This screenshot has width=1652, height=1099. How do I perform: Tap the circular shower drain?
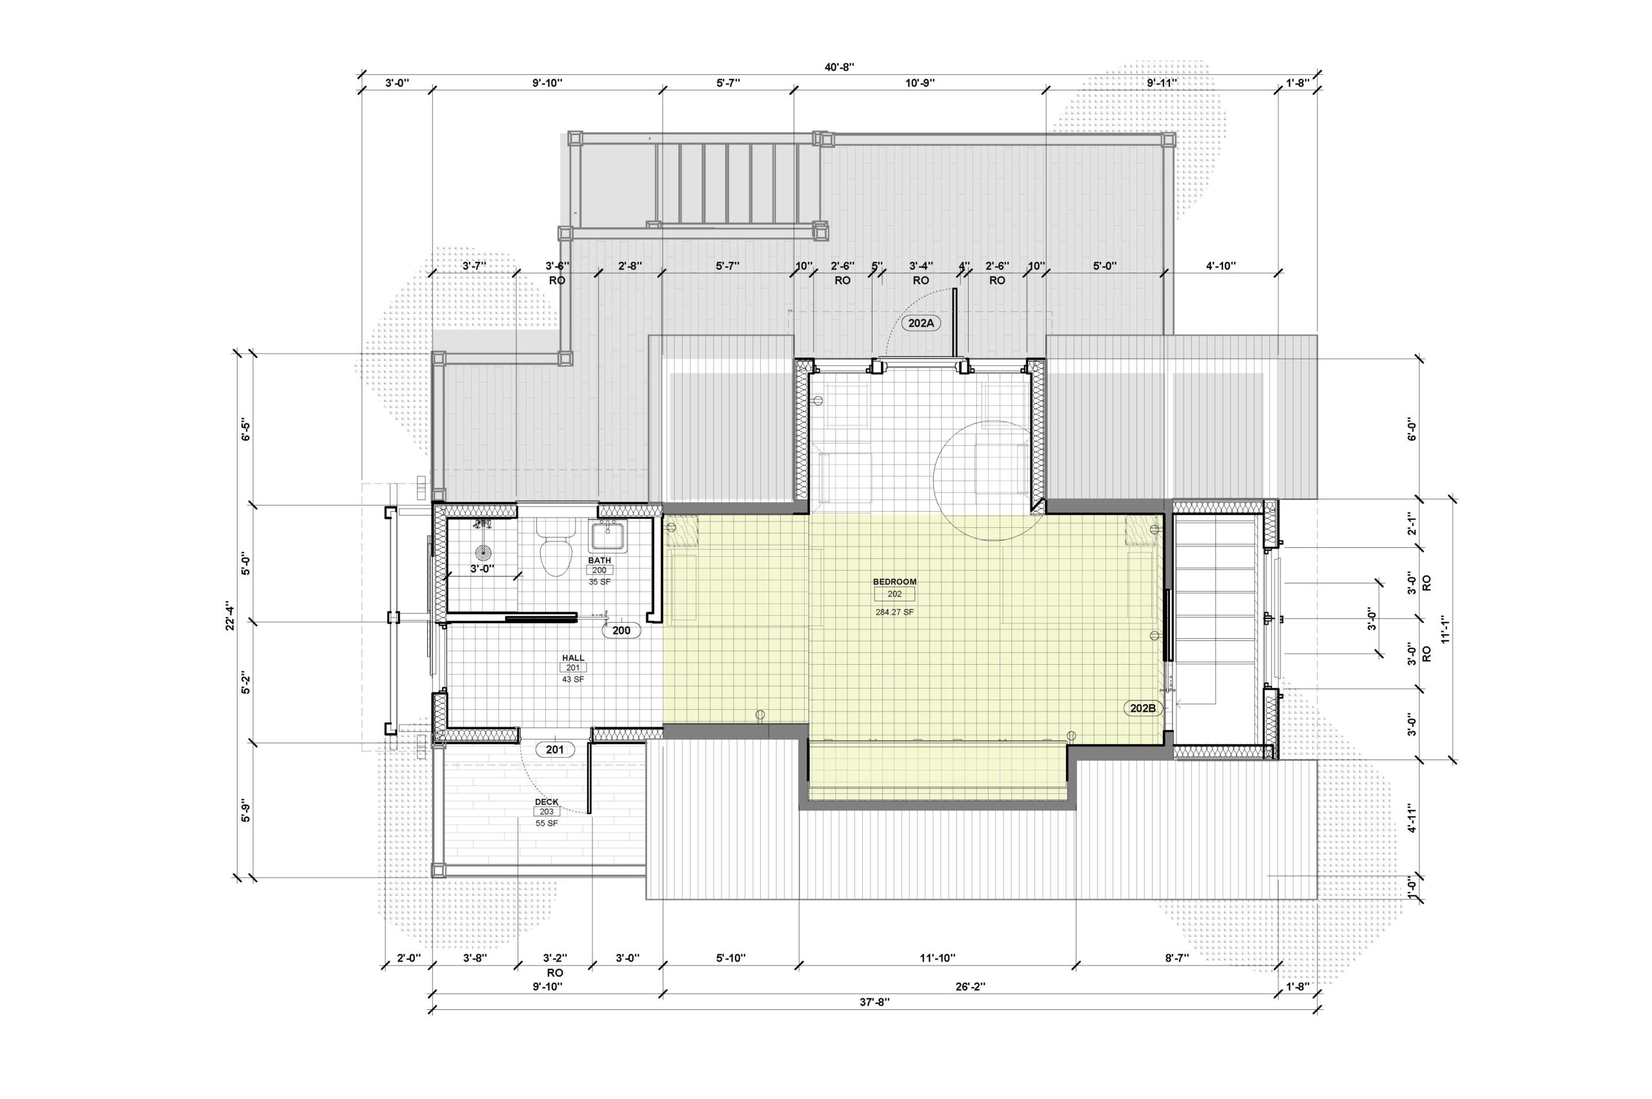(483, 551)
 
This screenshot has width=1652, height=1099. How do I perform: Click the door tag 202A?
(922, 323)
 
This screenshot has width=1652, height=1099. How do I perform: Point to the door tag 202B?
(1142, 708)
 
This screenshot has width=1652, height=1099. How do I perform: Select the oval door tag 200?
(621, 630)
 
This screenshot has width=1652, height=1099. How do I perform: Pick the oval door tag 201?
(554, 749)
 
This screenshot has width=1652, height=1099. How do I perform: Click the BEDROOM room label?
(894, 581)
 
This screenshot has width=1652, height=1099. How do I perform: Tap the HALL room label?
(572, 658)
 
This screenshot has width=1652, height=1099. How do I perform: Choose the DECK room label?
(547, 802)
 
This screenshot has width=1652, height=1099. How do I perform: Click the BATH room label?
(599, 561)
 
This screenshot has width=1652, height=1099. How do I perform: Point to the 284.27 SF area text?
(894, 612)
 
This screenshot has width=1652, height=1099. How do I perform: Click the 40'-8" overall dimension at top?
(839, 67)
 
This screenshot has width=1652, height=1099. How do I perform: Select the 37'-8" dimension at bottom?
(874, 1002)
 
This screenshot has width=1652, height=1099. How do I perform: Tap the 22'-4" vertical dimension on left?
(230, 616)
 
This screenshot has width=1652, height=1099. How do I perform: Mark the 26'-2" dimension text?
(970, 986)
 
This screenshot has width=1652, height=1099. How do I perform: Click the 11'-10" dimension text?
(937, 958)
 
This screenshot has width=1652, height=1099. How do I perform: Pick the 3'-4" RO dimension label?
(920, 272)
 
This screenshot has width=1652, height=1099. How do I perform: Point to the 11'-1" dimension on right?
(1445, 629)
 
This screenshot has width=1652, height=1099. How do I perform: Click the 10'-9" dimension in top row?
(920, 83)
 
